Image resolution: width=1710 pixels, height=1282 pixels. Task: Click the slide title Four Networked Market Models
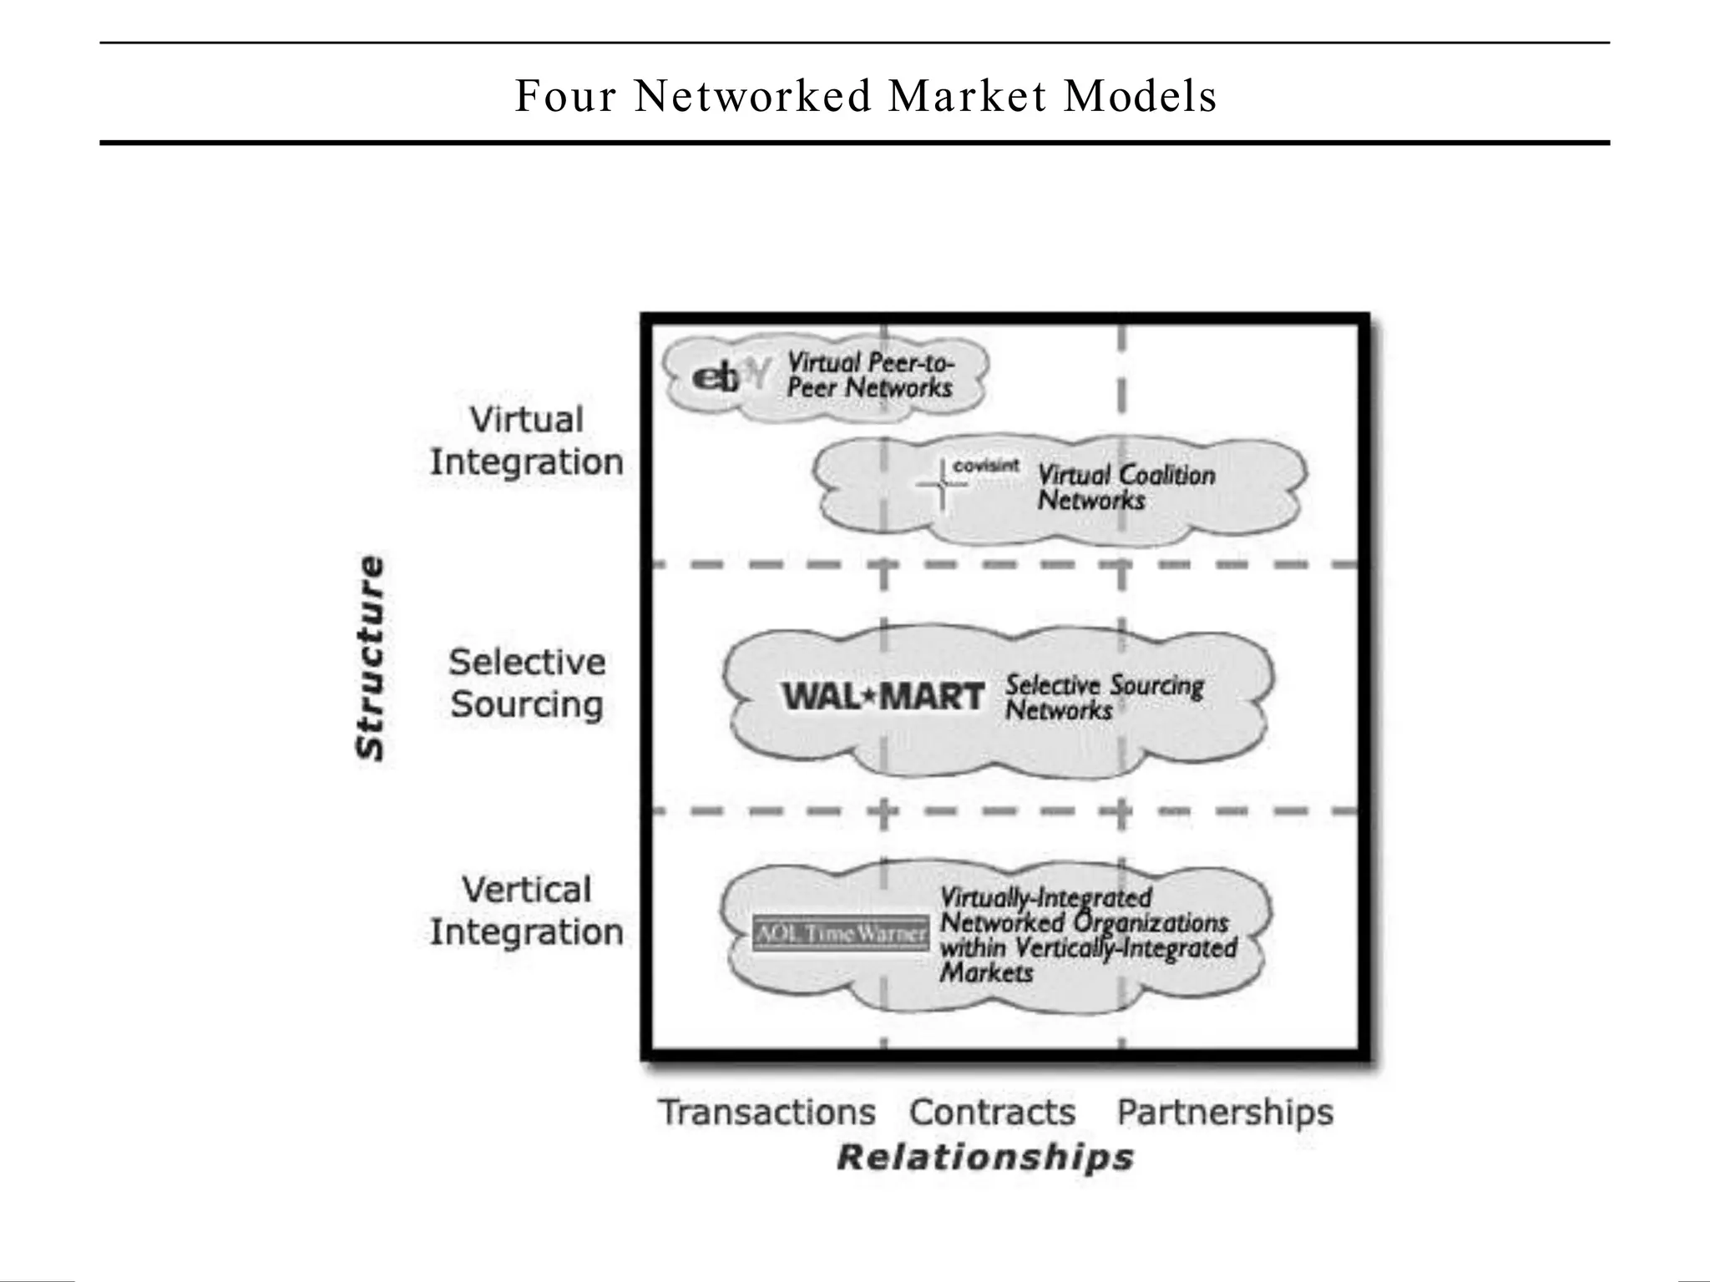(865, 96)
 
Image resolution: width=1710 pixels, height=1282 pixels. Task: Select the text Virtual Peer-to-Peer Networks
(869, 375)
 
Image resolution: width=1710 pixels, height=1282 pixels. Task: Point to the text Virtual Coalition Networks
(1126, 487)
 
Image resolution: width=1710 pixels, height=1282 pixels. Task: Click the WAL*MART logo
(883, 696)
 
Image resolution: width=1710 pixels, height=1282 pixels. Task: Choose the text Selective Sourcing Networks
(1103, 697)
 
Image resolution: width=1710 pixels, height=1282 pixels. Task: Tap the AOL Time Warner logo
(840, 933)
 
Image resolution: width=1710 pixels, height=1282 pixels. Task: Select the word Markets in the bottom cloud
(986, 973)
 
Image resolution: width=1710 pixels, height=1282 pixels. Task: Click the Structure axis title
(371, 658)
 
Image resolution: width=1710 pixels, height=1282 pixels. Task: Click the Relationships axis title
(985, 1158)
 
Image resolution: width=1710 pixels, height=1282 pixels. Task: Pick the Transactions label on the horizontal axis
(767, 1112)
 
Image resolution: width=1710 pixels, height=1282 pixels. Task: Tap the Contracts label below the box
(992, 1112)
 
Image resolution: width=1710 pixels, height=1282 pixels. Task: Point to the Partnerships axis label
(1225, 1112)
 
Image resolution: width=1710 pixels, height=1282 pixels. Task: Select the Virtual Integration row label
(527, 441)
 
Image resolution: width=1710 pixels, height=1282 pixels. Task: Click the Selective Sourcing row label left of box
(527, 683)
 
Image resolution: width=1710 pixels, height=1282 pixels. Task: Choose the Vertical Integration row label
(527, 911)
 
